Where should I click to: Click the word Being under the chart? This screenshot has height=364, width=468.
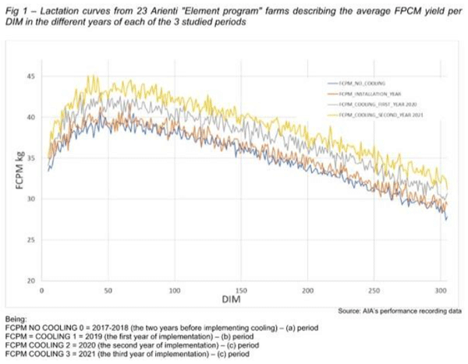pos(15,318)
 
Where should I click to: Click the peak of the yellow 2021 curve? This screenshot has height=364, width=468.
pos(90,76)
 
